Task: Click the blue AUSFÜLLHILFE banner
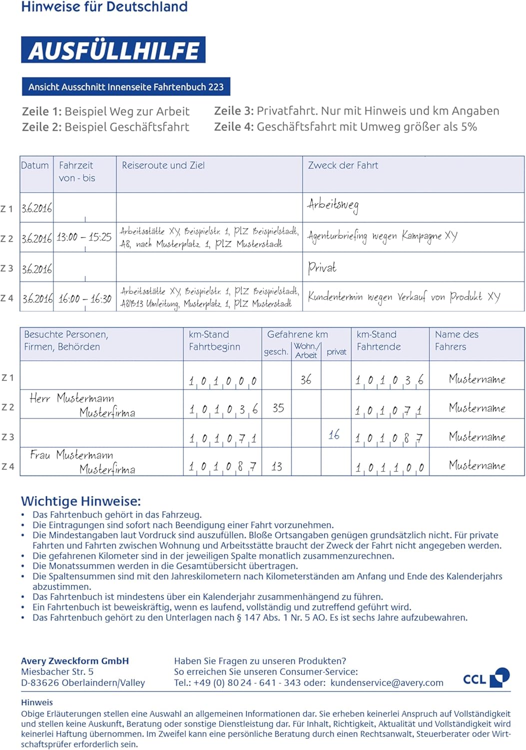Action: pyautogui.click(x=113, y=50)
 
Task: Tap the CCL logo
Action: pyautogui.click(x=486, y=678)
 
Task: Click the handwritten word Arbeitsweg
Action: pyautogui.click(x=333, y=205)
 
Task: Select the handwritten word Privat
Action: pyautogui.click(x=322, y=268)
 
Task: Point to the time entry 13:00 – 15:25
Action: pyautogui.click(x=84, y=237)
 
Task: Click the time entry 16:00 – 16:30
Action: pyautogui.click(x=84, y=299)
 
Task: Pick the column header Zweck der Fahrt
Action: pyautogui.click(x=343, y=165)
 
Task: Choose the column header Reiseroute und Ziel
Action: pyautogui.click(x=163, y=165)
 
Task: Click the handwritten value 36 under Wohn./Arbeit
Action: pyautogui.click(x=306, y=380)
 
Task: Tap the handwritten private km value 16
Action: pyautogui.click(x=334, y=435)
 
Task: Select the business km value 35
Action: pyautogui.click(x=278, y=408)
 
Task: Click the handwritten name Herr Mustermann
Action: pyautogui.click(x=72, y=398)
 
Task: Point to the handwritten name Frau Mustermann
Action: pyautogui.click(x=71, y=455)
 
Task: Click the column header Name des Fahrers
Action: pyautogui.click(x=457, y=340)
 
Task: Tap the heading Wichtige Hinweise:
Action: pyautogui.click(x=81, y=501)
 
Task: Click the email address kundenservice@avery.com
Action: pyautogui.click(x=387, y=683)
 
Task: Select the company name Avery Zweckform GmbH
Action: pyautogui.click(x=75, y=661)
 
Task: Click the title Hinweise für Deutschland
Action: pyautogui.click(x=104, y=7)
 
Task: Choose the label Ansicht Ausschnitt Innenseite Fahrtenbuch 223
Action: pyautogui.click(x=126, y=87)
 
